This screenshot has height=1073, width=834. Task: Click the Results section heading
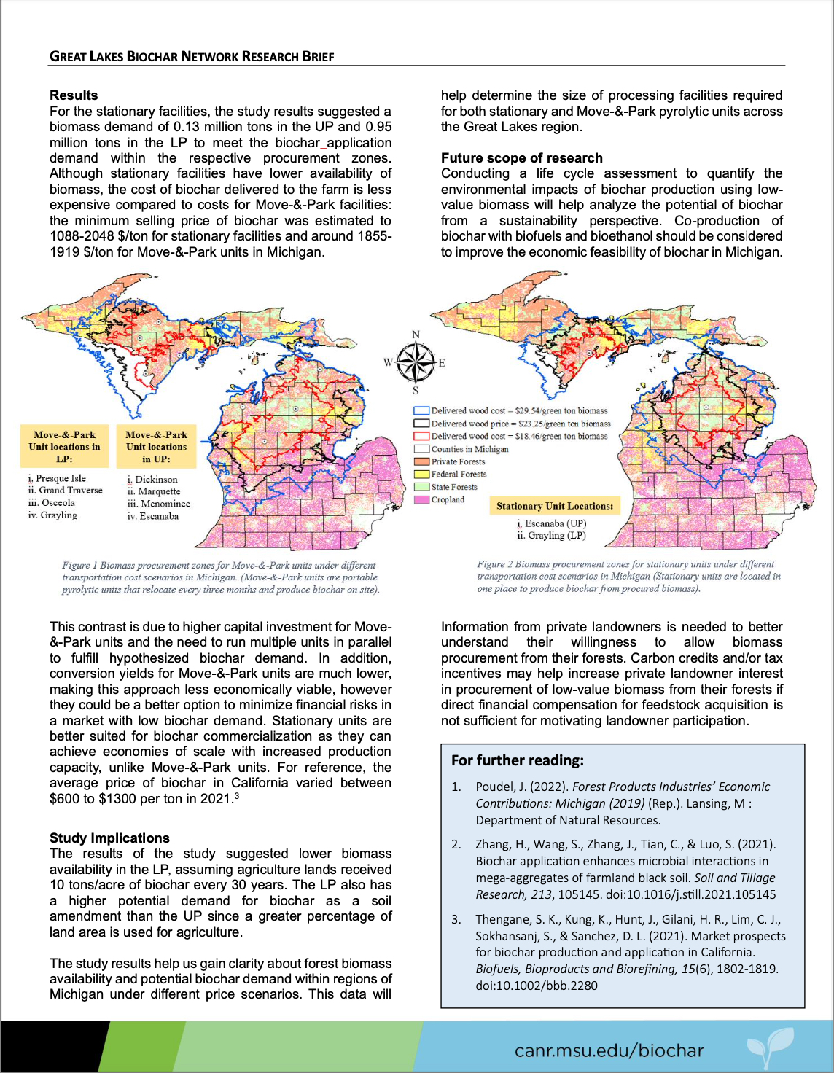tap(74, 95)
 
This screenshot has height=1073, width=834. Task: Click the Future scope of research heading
tap(521, 158)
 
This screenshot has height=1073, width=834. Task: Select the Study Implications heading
tap(109, 838)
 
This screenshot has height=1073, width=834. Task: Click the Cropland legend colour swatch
tap(421, 500)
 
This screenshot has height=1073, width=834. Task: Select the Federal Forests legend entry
tap(458, 475)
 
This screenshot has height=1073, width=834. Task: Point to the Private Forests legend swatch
tap(421, 461)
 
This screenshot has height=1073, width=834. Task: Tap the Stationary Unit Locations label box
tap(554, 506)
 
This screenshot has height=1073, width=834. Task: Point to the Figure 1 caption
tap(220, 577)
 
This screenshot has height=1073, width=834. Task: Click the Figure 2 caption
tap(628, 576)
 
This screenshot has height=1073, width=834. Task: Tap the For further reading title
tap(517, 760)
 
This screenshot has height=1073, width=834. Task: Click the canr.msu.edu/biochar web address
tap(609, 1050)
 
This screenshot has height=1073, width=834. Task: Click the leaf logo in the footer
tap(770, 1047)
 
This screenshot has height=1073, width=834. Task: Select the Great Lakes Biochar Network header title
tap(192, 57)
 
